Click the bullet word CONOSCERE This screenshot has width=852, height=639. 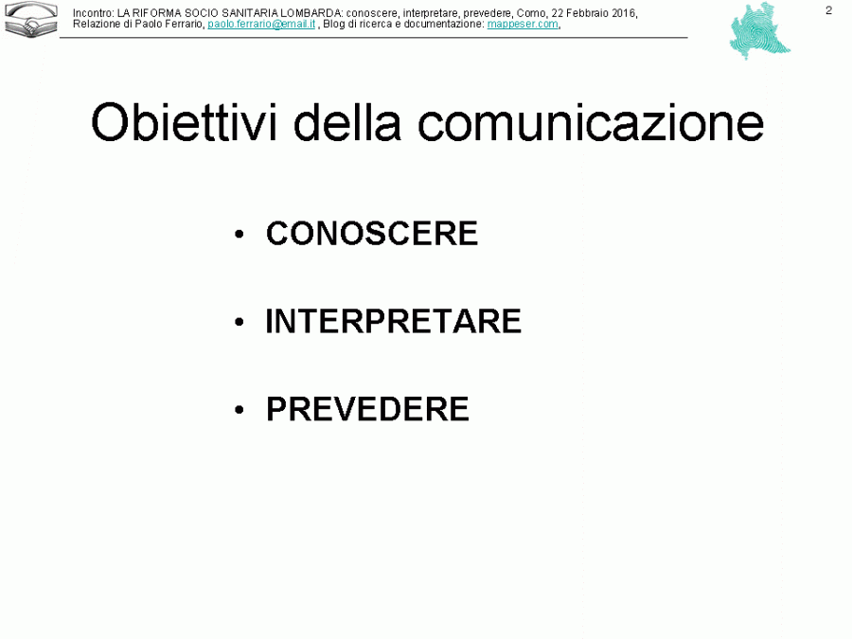tap(372, 234)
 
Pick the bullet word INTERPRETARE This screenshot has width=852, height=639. tap(393, 322)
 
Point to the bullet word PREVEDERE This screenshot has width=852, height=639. tap(367, 410)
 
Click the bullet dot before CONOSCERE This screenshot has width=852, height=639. tap(240, 235)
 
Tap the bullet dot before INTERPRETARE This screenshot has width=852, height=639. tap(240, 323)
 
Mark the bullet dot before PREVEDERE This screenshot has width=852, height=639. tap(240, 411)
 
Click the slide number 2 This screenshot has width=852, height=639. tap(829, 10)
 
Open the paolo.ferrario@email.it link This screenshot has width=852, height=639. tap(261, 24)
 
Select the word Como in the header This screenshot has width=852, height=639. tap(533, 12)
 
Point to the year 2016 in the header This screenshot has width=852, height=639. tap(623, 12)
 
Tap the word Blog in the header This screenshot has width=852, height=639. tap(333, 24)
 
